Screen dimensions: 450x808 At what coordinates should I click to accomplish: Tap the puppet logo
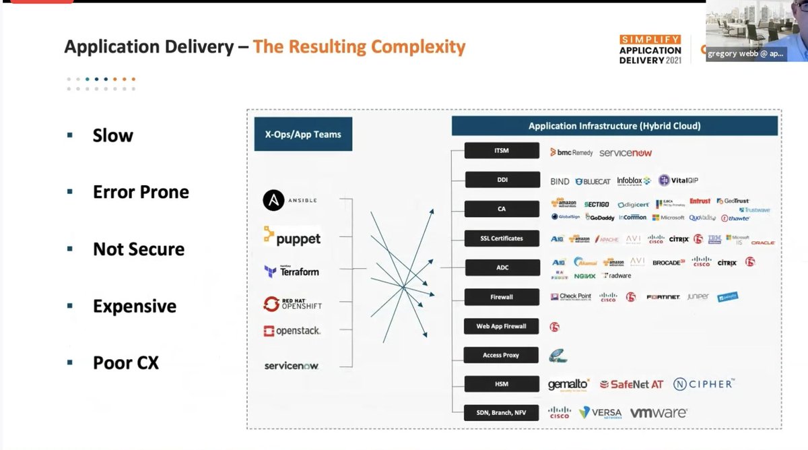pos(292,237)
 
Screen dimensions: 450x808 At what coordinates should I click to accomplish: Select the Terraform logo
pos(292,271)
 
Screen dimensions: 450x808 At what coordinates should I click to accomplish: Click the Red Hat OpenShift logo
pos(293,304)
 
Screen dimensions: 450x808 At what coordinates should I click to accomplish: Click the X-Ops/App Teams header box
pos(298,134)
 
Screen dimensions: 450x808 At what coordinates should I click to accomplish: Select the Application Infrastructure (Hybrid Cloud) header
pos(614,126)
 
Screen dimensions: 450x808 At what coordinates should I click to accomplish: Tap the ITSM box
pos(502,151)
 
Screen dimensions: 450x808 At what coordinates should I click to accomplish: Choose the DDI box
pos(502,180)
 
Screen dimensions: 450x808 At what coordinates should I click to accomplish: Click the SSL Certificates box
pos(502,238)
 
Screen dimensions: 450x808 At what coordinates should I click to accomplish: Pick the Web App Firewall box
pos(502,326)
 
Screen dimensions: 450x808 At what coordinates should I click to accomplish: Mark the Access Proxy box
pos(502,355)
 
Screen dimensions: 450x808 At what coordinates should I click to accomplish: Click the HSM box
pos(502,384)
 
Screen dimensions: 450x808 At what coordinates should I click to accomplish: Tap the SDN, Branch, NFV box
pos(502,412)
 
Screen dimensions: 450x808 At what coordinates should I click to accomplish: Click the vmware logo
pos(658,412)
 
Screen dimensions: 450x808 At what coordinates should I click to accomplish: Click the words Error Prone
pos(141,192)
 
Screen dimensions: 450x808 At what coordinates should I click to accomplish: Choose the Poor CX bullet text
pos(126,362)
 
